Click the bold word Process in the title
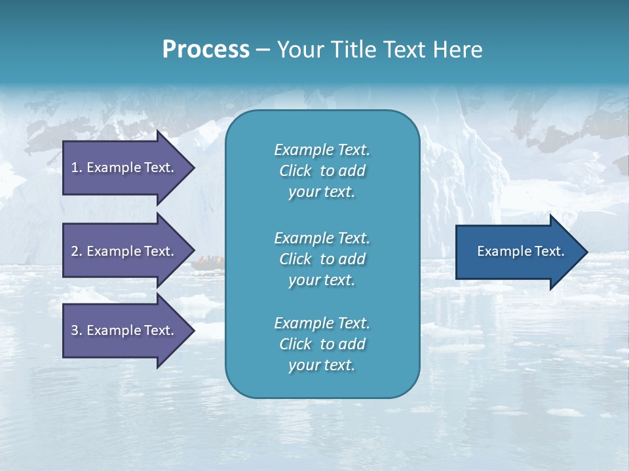206,50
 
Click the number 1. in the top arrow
77,167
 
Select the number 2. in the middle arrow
77,251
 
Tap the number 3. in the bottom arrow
77,330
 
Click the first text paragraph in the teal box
322,171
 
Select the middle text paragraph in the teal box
322,259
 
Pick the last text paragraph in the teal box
322,344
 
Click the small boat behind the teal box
208,262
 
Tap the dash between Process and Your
263,50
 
